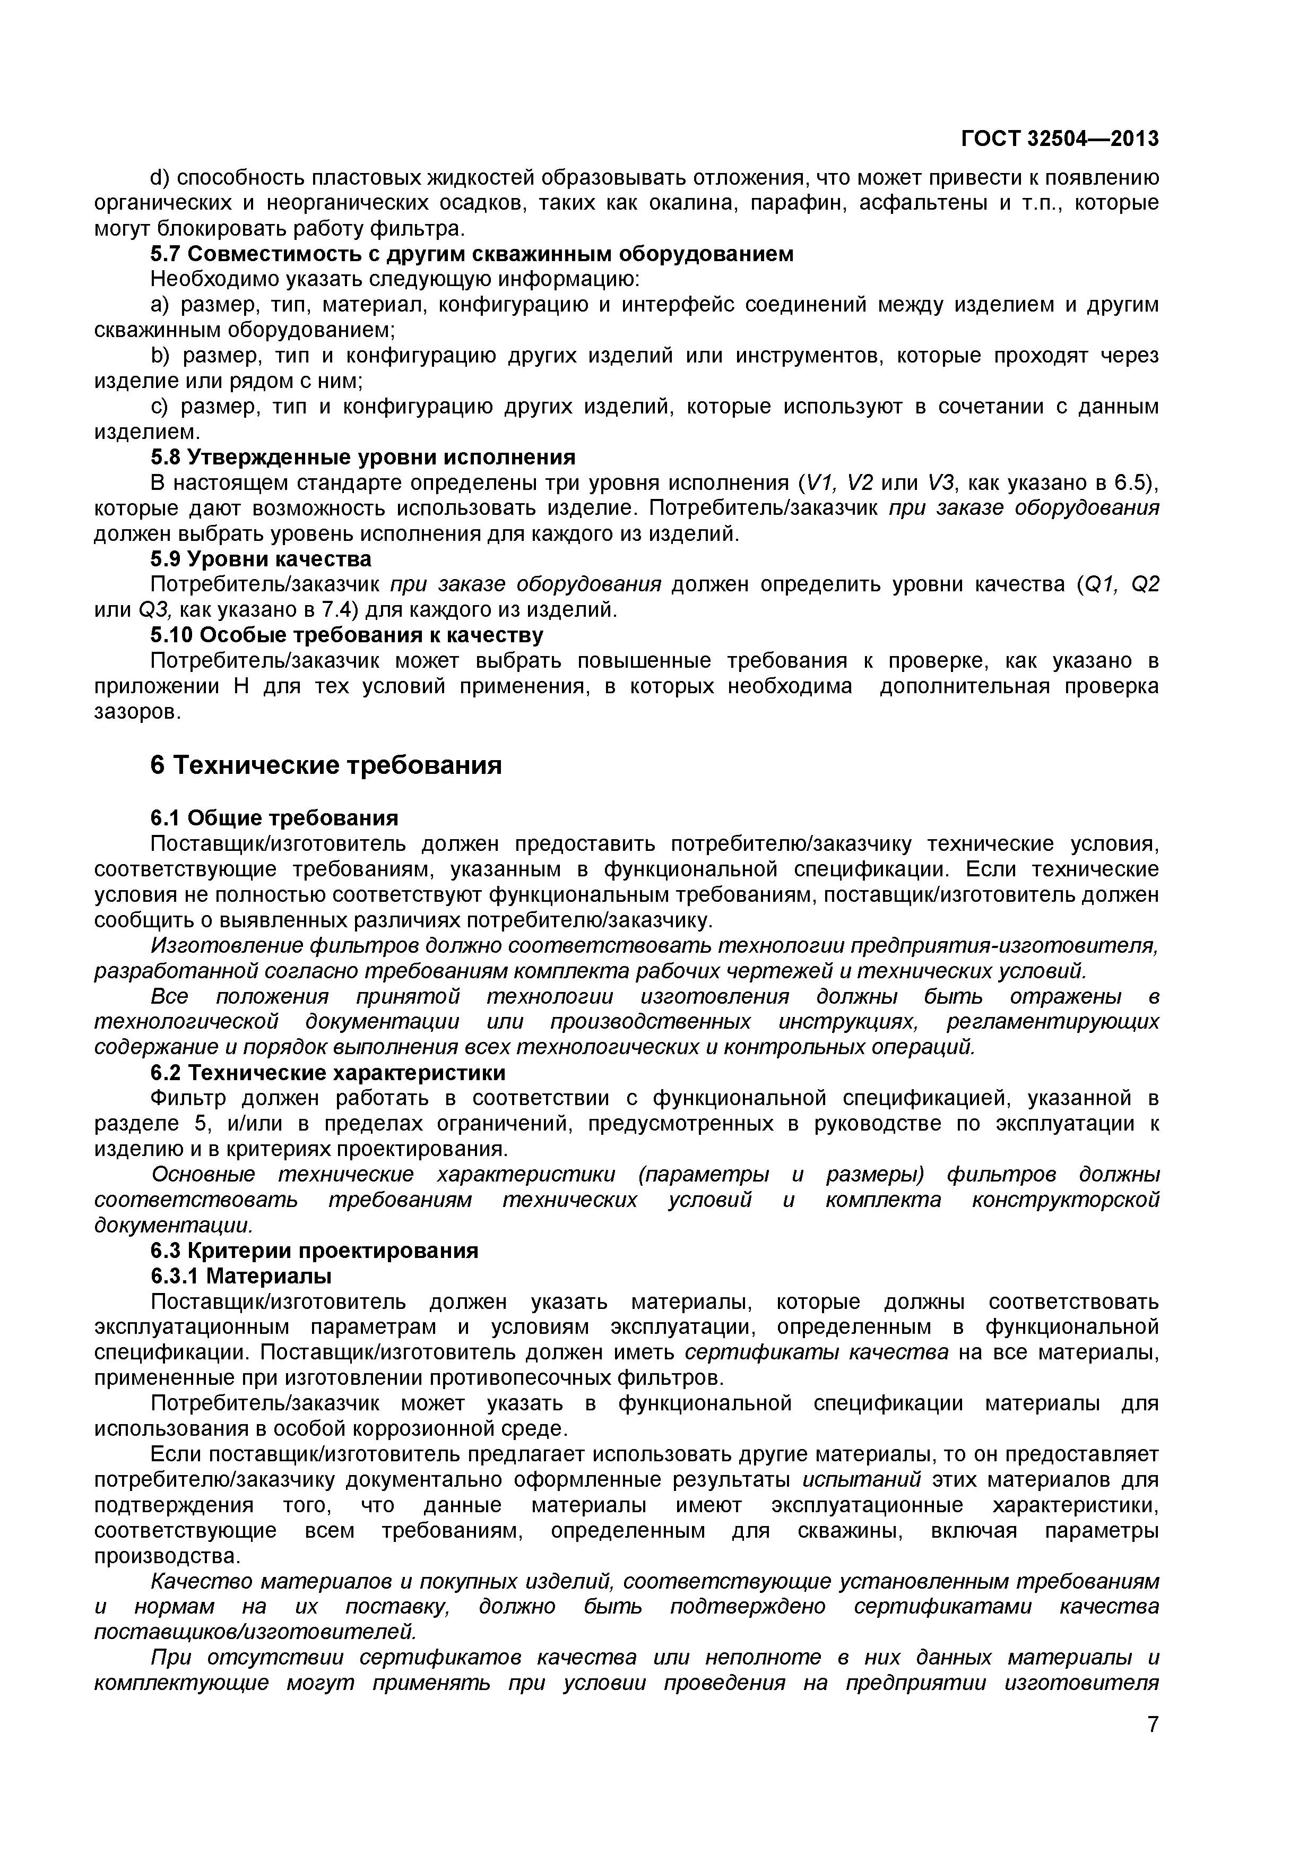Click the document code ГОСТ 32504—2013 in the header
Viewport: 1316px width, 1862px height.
pos(1060,140)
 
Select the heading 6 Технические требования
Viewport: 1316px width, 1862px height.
pos(326,765)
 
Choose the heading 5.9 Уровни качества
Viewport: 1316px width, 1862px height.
pos(261,559)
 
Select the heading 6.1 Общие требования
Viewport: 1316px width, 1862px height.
pos(274,817)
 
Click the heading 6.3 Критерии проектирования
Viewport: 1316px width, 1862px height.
pos(315,1251)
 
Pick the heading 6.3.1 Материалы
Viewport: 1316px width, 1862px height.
pos(241,1275)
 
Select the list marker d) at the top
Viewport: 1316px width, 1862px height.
pos(158,178)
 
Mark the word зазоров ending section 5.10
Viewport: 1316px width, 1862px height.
pos(137,711)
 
